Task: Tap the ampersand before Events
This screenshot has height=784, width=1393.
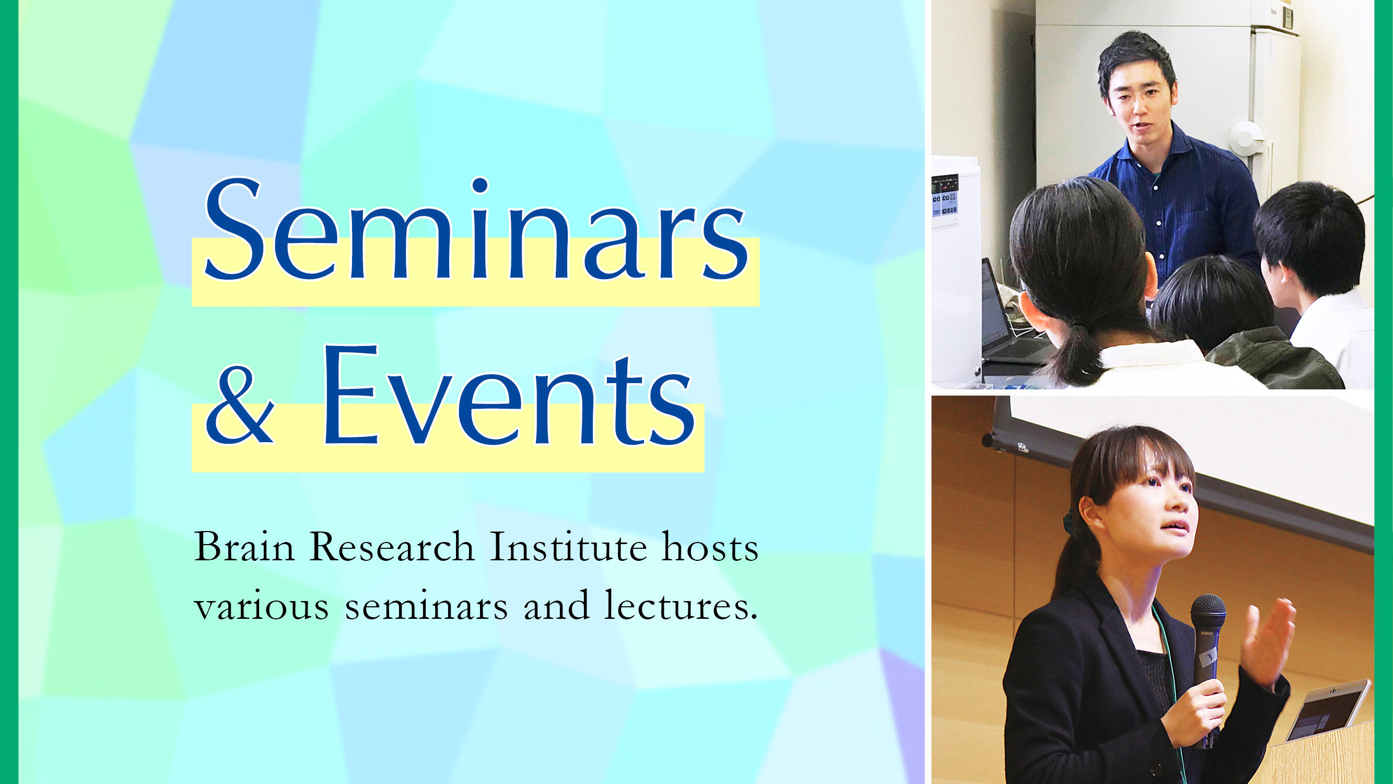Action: (239, 404)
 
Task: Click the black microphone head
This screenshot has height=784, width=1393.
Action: (1208, 612)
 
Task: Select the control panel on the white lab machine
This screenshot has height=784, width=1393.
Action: (945, 197)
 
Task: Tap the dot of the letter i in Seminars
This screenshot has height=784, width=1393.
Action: (479, 185)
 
